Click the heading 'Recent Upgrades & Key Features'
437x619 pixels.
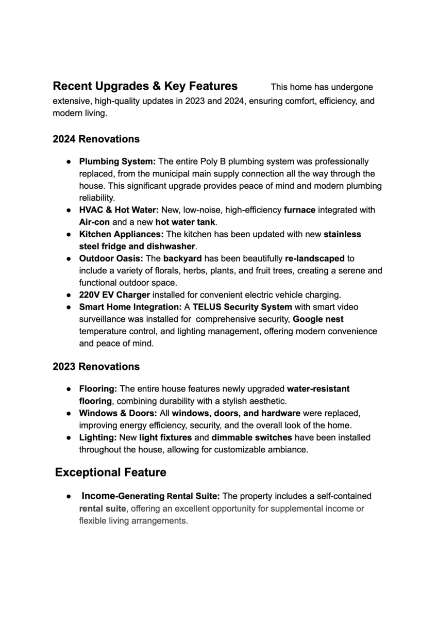145,86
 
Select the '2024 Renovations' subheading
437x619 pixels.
96,139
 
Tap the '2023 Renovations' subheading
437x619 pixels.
96,367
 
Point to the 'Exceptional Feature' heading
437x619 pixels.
111,473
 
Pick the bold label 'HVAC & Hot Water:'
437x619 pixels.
119,210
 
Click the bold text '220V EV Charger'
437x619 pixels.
114,295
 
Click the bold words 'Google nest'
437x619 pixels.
318,319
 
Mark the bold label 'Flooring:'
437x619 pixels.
98,389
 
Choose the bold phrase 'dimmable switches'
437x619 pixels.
252,437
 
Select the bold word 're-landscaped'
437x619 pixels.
315,258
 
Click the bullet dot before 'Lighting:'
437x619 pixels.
68,438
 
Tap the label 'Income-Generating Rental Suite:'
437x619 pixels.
150,496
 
